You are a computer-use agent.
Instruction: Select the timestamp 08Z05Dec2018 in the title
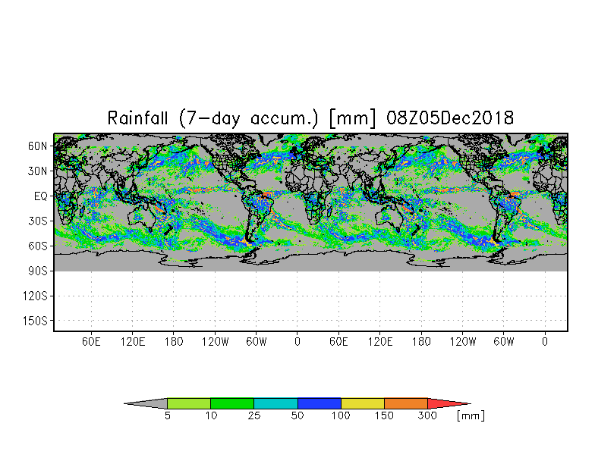(451, 118)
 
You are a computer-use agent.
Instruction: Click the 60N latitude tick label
(39, 146)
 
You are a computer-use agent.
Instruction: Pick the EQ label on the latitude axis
(41, 196)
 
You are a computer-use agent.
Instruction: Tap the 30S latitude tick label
(39, 221)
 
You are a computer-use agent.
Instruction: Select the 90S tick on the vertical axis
(39, 271)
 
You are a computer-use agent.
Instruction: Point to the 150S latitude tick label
(36, 321)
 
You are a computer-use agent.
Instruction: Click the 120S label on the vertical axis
(36, 296)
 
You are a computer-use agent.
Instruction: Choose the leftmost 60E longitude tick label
(92, 342)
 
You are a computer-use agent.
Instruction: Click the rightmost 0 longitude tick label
(545, 342)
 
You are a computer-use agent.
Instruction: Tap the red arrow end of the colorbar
(449, 403)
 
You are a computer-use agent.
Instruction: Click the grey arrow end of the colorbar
(146, 403)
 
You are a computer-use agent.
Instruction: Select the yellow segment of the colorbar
(363, 403)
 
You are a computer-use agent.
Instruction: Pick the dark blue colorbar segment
(320, 403)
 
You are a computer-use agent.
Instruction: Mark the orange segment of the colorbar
(406, 403)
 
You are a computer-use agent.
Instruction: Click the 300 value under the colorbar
(428, 416)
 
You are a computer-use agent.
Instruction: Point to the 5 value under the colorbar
(167, 416)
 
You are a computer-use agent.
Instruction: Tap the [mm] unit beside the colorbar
(471, 416)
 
